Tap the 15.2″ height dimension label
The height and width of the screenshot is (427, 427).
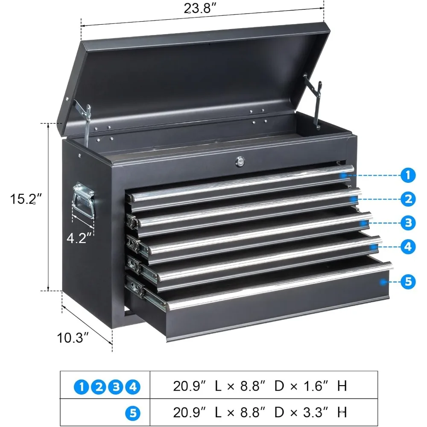[27, 199]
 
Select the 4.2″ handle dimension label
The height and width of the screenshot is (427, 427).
[79, 237]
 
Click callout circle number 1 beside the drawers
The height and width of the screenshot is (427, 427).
[408, 175]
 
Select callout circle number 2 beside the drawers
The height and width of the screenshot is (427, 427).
[408, 199]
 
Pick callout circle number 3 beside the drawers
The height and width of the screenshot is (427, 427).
[408, 222]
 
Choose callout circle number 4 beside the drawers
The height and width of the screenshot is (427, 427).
[408, 246]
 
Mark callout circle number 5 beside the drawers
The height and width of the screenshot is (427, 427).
[408, 281]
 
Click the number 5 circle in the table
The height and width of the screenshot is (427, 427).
[133, 412]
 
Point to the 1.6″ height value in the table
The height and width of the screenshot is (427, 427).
[318, 386]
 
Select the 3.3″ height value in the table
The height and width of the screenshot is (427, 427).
[318, 412]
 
